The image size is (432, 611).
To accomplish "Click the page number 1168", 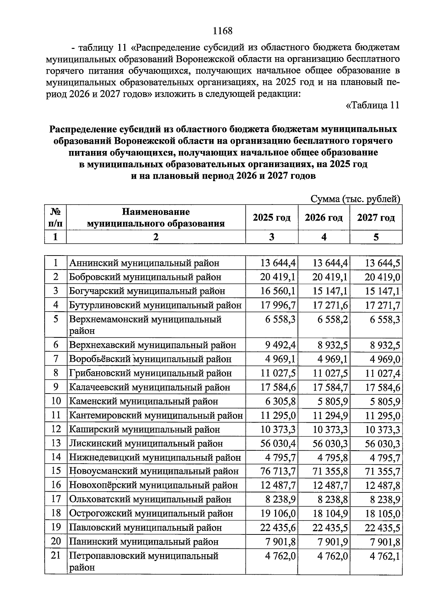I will pyautogui.click(x=222, y=31).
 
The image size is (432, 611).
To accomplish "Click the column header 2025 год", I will pyautogui.click(x=271, y=218).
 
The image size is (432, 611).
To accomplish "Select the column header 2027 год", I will pyautogui.click(x=376, y=218).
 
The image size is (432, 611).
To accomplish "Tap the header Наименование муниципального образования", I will pyautogui.click(x=156, y=218).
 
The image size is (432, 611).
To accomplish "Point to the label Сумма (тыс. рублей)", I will pyautogui.click(x=355, y=199).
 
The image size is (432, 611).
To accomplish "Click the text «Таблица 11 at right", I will pyautogui.click(x=372, y=105).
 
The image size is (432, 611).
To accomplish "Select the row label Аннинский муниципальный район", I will pyautogui.click(x=144, y=263).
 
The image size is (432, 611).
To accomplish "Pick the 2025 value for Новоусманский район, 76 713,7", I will pyautogui.click(x=278, y=471).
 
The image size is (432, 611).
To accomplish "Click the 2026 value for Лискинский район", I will pyautogui.click(x=330, y=444).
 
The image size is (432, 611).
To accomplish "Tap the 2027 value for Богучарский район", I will pyautogui.click(x=382, y=291).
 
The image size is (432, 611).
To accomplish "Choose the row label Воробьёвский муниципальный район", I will pyautogui.click(x=150, y=359).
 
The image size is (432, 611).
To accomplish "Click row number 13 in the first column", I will pyautogui.click(x=56, y=443).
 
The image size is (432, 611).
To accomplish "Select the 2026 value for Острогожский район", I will pyautogui.click(x=330, y=514).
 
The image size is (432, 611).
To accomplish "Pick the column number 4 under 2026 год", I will pyautogui.click(x=324, y=237).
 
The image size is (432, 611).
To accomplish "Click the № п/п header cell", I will pyautogui.click(x=55, y=218).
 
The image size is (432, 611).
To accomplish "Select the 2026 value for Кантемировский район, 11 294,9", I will pyautogui.click(x=330, y=416).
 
